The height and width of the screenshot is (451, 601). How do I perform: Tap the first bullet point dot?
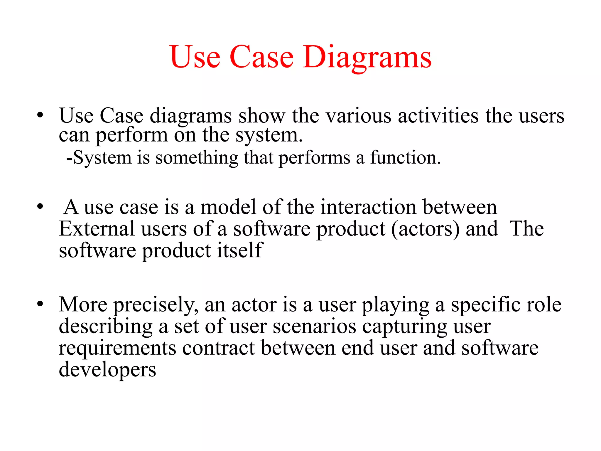pos(40,115)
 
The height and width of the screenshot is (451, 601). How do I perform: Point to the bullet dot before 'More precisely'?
pos(40,304)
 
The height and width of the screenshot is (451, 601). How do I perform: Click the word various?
pos(359,115)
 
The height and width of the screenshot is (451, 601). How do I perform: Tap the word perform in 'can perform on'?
pos(132,136)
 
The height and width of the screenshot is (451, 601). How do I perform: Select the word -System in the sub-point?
pos(99,158)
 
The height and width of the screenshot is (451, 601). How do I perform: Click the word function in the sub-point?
pos(405,157)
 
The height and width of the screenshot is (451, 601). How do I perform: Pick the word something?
pos(197,158)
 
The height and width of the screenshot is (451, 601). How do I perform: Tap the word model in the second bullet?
pos(228,207)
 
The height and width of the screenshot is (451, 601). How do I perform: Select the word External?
pos(96,229)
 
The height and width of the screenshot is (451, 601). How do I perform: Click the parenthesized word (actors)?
pos(425,229)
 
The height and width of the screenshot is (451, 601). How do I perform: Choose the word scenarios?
pos(314,327)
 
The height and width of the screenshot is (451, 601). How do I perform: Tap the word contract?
pos(218,348)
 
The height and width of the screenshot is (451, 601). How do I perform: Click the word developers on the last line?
pos(107,370)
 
